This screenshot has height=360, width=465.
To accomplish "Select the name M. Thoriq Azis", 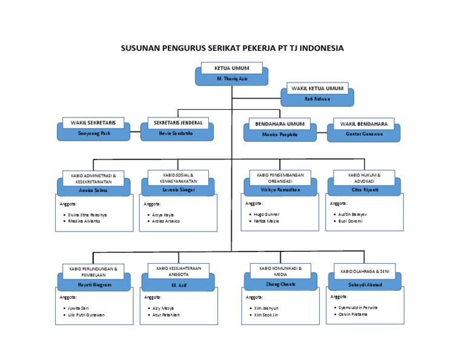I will [232, 79].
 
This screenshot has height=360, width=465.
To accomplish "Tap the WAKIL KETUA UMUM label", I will [317, 88].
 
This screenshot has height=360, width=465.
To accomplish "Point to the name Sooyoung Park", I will [93, 132].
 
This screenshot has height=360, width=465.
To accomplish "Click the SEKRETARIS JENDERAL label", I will [176, 122].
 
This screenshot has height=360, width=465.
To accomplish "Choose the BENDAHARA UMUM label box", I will [280, 124].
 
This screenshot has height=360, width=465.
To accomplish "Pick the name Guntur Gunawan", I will [363, 133].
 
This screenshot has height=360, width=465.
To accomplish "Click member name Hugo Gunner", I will [267, 215].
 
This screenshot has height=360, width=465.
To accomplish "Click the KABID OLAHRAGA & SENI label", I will [364, 272].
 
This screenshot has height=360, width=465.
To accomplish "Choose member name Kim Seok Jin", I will [266, 315].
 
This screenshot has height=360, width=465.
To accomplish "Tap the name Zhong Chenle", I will [280, 284].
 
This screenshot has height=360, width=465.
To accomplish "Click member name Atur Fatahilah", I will [166, 315].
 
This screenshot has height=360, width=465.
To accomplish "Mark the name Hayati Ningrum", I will [94, 284].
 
